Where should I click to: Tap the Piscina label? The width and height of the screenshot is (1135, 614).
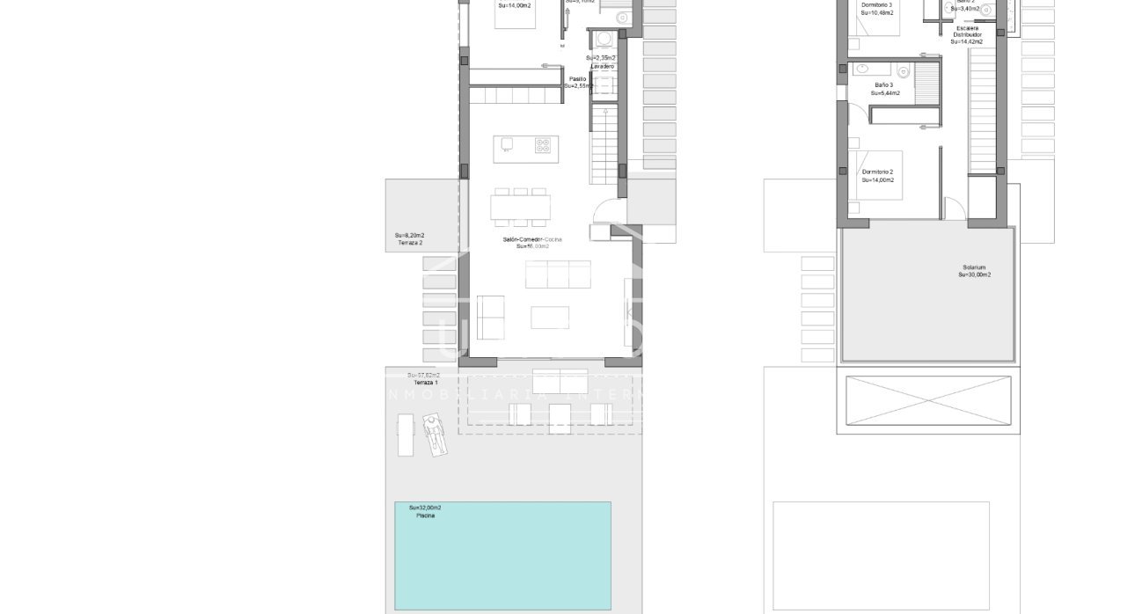[x=426, y=515]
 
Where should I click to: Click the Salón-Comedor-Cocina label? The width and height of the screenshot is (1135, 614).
[x=532, y=239]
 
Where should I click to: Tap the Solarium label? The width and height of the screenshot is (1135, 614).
[x=973, y=267]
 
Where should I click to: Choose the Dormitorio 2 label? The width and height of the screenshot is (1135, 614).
[x=877, y=172]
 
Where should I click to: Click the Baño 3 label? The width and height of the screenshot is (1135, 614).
[x=882, y=85]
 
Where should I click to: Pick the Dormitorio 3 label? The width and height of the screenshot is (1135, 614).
[x=877, y=5]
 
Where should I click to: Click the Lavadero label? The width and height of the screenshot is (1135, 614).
[x=603, y=67]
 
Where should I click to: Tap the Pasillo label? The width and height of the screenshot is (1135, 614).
[x=577, y=79]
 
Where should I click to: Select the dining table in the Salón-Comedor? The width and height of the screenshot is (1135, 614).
[x=520, y=208]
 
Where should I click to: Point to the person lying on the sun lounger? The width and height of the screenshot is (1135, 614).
[x=433, y=434]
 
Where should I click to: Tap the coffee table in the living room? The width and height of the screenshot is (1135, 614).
[x=550, y=317]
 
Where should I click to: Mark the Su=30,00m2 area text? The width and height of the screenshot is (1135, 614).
[x=974, y=275]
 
